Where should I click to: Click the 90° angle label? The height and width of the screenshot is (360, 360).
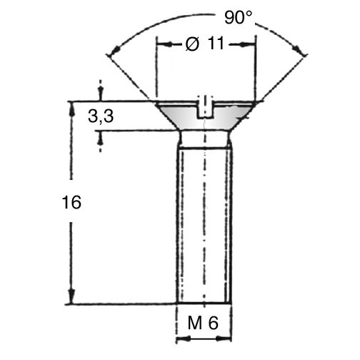click(x=238, y=17)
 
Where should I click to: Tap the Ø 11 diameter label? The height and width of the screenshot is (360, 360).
click(x=205, y=44)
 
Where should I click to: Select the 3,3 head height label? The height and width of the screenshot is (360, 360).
click(x=101, y=116)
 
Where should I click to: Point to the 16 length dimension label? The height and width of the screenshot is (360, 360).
click(x=71, y=202)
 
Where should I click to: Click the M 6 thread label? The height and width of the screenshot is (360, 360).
click(x=203, y=323)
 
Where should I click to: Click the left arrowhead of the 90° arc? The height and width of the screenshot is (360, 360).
click(x=114, y=51)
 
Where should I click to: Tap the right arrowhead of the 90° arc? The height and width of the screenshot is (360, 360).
click(x=299, y=49)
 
